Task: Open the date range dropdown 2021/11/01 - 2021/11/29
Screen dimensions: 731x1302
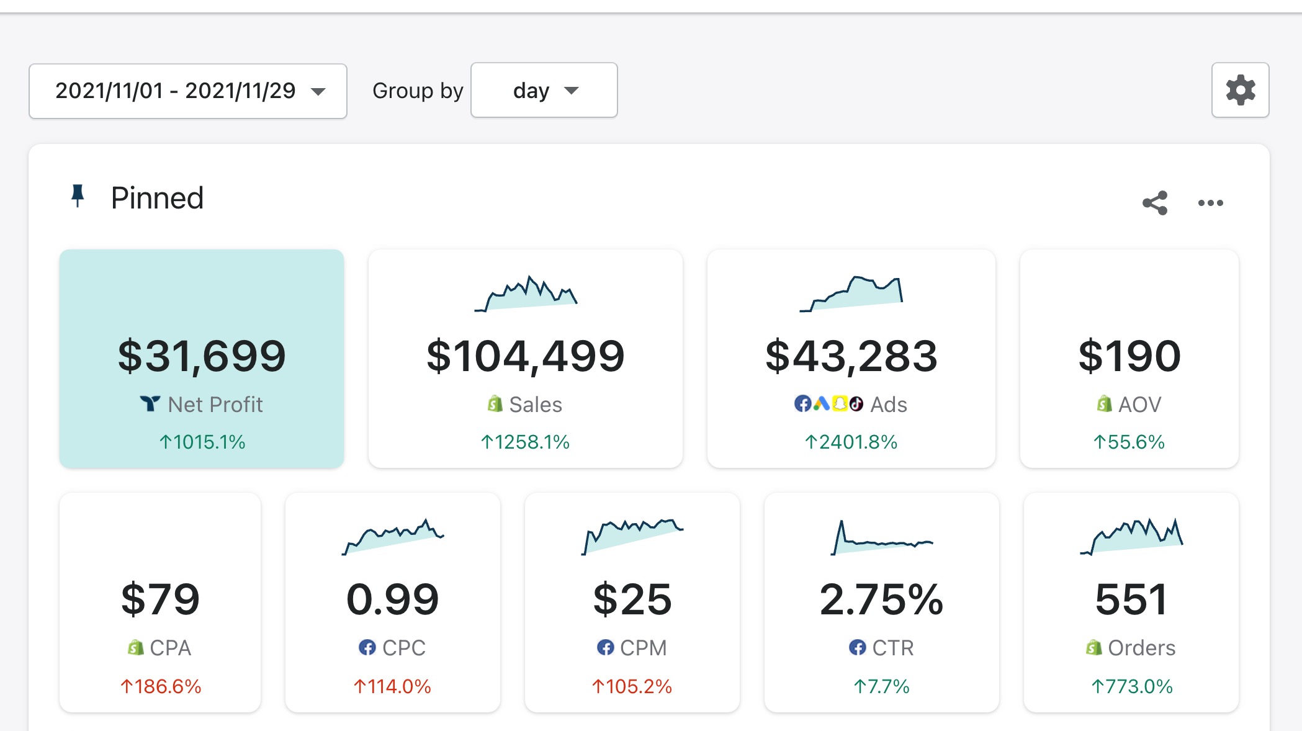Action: coord(187,91)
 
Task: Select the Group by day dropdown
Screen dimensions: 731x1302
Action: coord(544,91)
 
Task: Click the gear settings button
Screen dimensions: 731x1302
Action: coord(1240,91)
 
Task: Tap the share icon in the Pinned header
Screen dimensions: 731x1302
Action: coord(1155,203)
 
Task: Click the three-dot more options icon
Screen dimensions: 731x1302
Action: coord(1210,203)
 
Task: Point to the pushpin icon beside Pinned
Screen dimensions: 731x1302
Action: coord(78,196)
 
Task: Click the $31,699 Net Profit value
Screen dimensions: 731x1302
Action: coord(202,356)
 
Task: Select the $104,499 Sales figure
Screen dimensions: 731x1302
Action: coord(525,356)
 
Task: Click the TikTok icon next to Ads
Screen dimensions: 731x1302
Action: coord(856,404)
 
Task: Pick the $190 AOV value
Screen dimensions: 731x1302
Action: coord(1129,356)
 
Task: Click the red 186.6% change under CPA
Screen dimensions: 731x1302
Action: coord(161,686)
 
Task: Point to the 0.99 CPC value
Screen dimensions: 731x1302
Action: coord(392,599)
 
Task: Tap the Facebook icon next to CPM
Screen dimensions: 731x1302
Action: coord(605,648)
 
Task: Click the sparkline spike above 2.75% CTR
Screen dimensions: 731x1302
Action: coord(842,532)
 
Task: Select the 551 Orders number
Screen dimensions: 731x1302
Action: coord(1131,599)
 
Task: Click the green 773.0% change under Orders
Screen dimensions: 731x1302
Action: coord(1131,686)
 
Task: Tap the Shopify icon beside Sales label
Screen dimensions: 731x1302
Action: coord(495,404)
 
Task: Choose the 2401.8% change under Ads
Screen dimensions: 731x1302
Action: coord(851,442)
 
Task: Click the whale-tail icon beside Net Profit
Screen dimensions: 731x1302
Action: coord(150,404)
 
